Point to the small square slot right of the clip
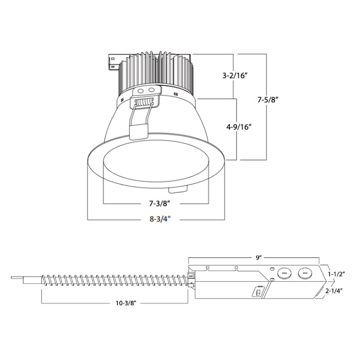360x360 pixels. coord(176,94)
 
